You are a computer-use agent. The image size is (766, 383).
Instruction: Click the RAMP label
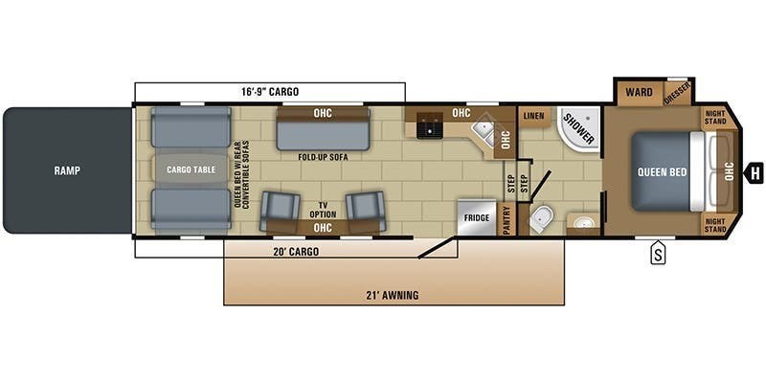[66, 170]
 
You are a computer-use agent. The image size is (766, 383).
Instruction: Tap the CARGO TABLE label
[191, 169]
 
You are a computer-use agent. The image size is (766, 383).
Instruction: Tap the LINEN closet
[533, 117]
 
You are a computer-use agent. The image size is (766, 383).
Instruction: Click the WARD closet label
[639, 93]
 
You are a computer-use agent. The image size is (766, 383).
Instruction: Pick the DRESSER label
[678, 93]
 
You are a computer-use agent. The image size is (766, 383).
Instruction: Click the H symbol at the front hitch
[755, 172]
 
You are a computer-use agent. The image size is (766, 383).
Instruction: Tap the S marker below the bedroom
[658, 254]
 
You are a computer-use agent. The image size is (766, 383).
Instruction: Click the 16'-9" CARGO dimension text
[270, 92]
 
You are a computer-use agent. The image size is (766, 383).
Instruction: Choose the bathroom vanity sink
[582, 223]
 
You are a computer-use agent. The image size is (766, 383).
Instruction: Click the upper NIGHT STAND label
[715, 117]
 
